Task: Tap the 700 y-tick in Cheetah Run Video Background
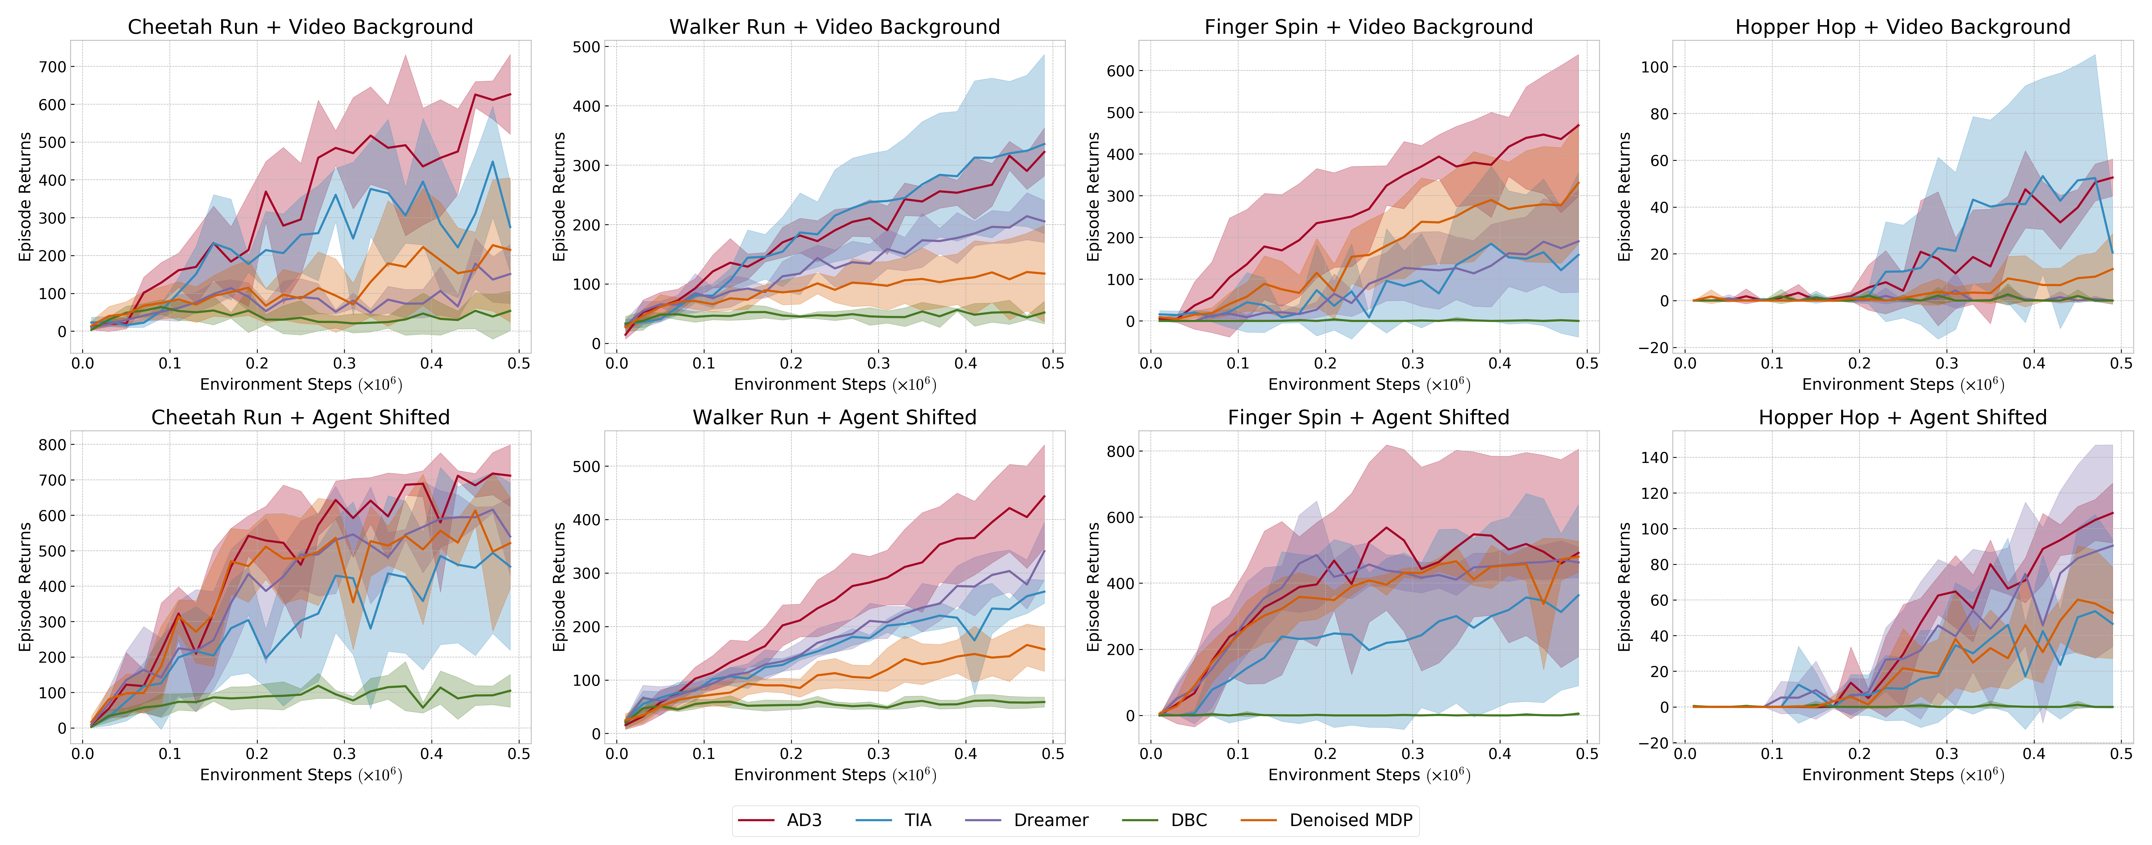pos(52,67)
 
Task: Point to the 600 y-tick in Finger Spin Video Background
pos(1120,71)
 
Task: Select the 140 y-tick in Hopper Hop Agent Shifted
pos(1655,458)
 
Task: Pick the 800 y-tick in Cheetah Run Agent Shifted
pos(52,445)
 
